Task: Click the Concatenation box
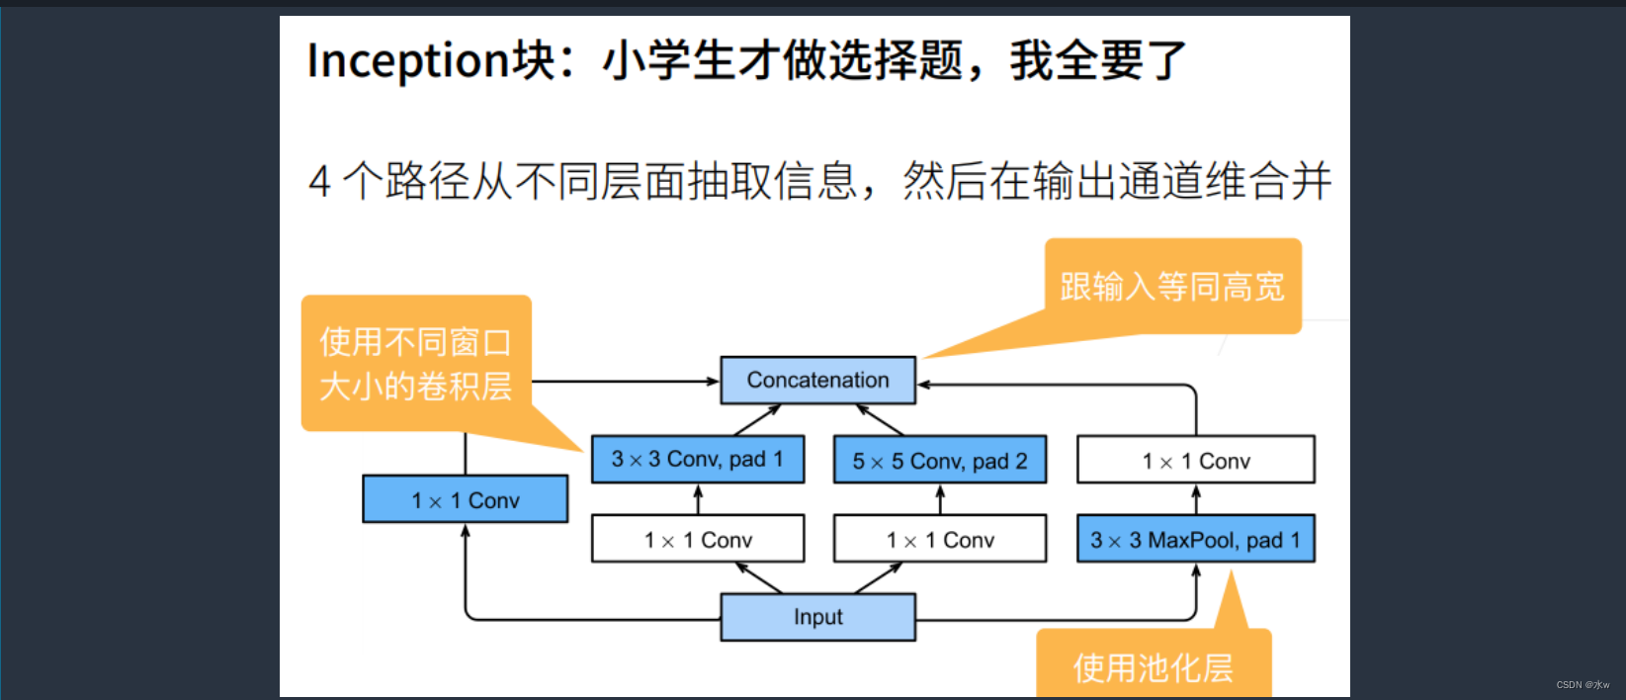817,381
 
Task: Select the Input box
817,617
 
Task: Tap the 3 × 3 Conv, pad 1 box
697,460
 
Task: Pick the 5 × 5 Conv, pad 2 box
939,461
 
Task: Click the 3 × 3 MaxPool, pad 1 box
1195,540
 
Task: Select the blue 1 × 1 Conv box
465,500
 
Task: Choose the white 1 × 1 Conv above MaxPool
1195,461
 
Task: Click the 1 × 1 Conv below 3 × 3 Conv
697,540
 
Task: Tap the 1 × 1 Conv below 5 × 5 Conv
939,540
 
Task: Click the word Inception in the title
407,60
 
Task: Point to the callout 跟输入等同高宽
1172,287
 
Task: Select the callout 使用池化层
1153,667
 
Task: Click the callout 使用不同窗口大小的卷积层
415,364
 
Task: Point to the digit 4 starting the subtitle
319,183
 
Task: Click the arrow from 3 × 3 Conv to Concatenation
757,420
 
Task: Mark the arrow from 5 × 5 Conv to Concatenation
880,420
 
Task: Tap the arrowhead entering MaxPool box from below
1196,570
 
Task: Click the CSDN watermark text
1583,684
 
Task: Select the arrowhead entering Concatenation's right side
924,385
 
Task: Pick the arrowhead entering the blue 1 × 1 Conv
466,531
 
